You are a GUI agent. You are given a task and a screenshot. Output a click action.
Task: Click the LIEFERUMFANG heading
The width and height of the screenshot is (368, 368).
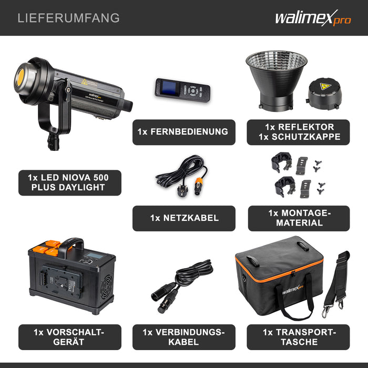tap(68, 18)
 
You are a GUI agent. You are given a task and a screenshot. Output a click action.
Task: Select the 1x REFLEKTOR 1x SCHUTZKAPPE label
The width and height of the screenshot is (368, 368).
tap(298, 132)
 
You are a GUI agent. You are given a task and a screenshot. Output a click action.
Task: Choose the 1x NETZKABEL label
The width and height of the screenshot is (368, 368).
tap(184, 218)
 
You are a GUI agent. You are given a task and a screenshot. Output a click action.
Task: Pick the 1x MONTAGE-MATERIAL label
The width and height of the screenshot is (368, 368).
tap(299, 218)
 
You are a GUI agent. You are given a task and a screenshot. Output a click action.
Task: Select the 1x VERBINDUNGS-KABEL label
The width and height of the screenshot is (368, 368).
tap(184, 337)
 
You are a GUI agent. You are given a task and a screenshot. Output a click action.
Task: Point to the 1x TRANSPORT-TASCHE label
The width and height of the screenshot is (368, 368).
tap(299, 337)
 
